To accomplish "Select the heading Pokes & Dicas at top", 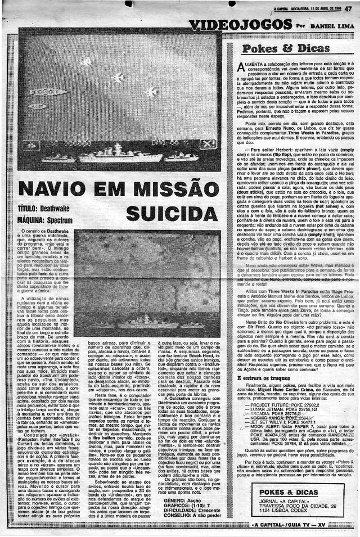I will click(286, 48).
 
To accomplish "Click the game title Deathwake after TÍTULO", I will click(56, 208).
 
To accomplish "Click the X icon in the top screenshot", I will click(208, 144).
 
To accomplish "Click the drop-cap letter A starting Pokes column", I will click(242, 68).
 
